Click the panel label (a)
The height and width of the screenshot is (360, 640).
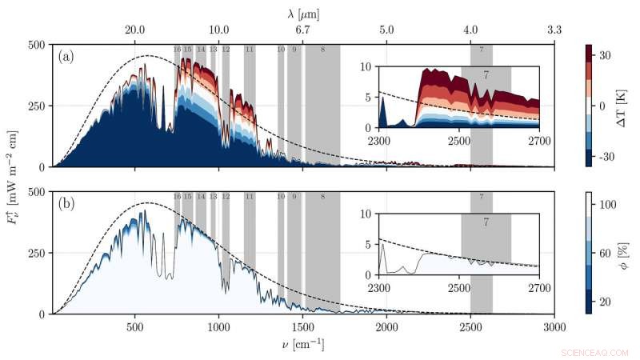[67, 57]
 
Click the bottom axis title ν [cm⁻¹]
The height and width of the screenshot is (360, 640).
[303, 346]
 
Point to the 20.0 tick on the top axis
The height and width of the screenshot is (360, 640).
[135, 30]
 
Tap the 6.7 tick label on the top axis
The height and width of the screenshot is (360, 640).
[303, 30]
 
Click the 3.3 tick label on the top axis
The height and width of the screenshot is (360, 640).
[554, 30]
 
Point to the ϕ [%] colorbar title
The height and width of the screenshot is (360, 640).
[623, 251]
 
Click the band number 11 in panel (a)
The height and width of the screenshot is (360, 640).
[250, 50]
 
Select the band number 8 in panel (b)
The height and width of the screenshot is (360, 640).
[322, 197]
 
